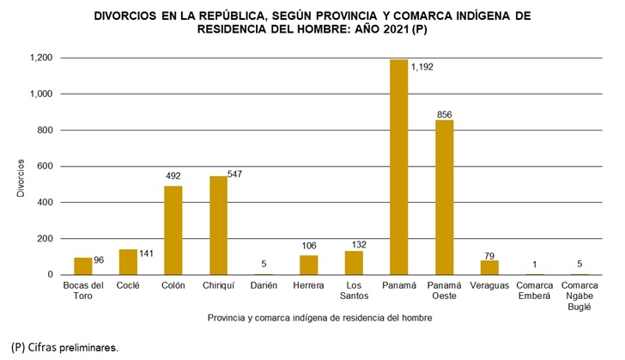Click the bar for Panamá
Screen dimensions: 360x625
point(398,168)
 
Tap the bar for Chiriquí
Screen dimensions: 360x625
point(218,225)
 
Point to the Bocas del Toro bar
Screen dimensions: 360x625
point(83,265)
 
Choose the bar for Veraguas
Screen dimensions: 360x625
point(489,267)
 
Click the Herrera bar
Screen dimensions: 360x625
point(308,265)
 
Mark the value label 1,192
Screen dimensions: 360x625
point(422,65)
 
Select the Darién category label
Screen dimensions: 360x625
point(264,284)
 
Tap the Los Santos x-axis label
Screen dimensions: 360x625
point(354,290)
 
